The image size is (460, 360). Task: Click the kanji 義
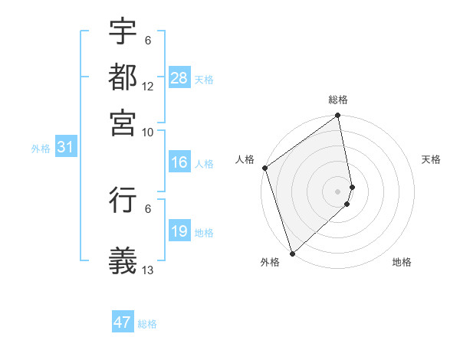(x=123, y=261)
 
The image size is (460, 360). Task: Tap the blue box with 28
(x=179, y=77)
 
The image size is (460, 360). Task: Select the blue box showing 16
(x=179, y=163)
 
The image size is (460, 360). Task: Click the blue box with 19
(x=179, y=231)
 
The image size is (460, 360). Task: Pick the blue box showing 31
(x=65, y=148)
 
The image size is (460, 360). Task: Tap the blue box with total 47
(x=123, y=322)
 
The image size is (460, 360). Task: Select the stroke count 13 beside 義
(x=148, y=270)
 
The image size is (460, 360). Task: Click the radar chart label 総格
(x=338, y=100)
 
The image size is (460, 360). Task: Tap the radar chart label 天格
(x=431, y=159)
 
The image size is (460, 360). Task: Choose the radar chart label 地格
(x=402, y=263)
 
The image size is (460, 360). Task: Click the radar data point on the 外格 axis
(x=292, y=254)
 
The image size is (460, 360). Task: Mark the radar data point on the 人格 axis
(x=264, y=168)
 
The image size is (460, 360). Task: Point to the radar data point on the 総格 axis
(x=338, y=116)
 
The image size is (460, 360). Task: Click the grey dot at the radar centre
(x=338, y=191)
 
